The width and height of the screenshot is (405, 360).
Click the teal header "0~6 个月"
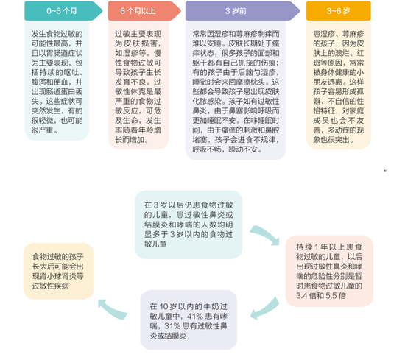[62, 11]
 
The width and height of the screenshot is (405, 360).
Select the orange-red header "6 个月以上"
[138, 11]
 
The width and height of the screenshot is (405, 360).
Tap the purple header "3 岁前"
[236, 11]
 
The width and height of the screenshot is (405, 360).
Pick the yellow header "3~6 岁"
[339, 11]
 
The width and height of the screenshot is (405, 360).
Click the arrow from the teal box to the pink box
[266, 235]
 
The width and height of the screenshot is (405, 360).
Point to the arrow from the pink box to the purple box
[266, 308]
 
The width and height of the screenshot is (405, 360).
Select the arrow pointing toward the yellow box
[113, 309]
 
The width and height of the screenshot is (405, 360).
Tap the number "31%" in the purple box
[172, 326]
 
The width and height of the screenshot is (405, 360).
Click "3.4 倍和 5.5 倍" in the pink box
[321, 296]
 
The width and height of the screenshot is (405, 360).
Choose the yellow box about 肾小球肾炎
[59, 271]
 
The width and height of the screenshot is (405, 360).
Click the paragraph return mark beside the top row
[385, 170]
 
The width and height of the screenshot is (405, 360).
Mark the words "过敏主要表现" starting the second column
[138, 34]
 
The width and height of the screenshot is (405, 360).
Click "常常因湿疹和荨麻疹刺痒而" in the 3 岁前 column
[236, 34]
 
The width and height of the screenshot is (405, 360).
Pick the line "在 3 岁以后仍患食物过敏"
[189, 205]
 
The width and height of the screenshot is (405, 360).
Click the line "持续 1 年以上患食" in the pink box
[329, 247]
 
